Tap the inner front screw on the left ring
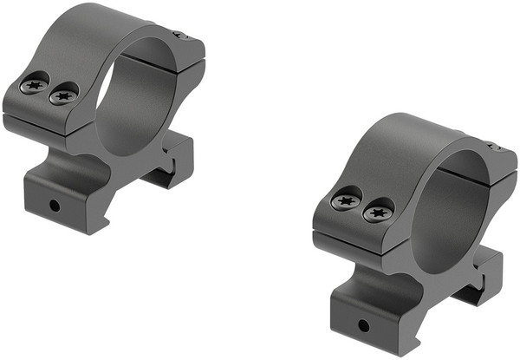pyautogui.click(x=63, y=94)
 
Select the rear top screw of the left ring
pyautogui.click(x=179, y=36)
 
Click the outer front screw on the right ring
pyautogui.click(x=347, y=201)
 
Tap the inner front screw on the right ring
pyautogui.click(x=378, y=210)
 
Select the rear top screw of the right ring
pyautogui.click(x=494, y=147)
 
